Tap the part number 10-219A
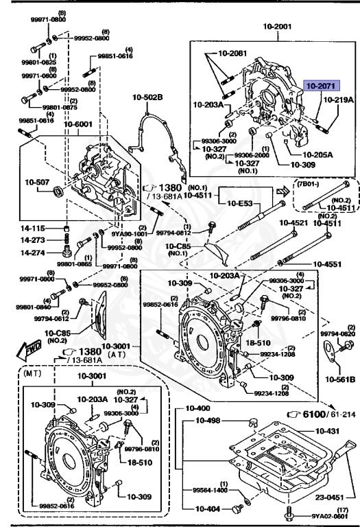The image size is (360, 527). point(339,99)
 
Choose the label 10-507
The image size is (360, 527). point(37,182)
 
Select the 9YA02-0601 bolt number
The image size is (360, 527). point(326,517)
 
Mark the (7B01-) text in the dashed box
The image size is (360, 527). point(309,183)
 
